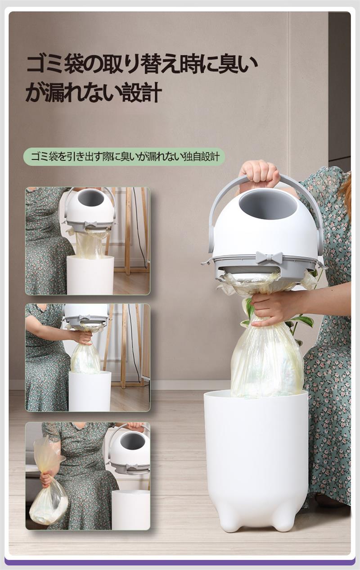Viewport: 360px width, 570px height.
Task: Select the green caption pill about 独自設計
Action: click(x=124, y=157)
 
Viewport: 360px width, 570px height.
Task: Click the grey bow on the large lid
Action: click(x=269, y=258)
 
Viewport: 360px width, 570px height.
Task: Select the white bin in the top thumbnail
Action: click(x=90, y=275)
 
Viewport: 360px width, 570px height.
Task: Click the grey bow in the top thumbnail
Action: click(x=91, y=224)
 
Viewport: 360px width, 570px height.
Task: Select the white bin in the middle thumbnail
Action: click(x=90, y=391)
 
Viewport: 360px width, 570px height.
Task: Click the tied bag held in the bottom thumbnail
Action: click(x=48, y=481)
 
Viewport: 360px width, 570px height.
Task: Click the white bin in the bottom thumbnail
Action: click(x=131, y=509)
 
